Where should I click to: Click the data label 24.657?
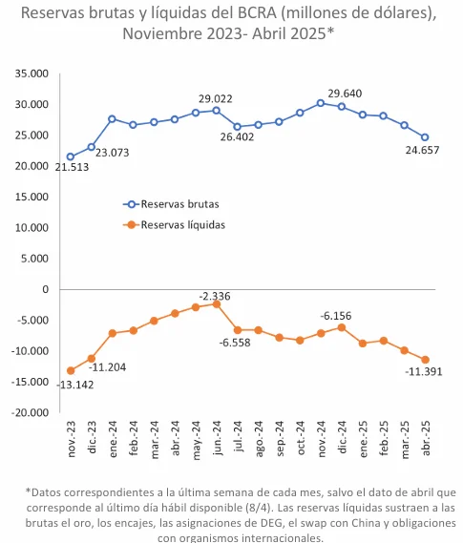[x=421, y=151]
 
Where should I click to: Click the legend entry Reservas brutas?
[x=179, y=204]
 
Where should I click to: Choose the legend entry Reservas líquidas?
[x=182, y=225]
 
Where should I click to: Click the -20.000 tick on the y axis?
[x=30, y=413]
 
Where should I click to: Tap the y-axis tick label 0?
[x=44, y=289]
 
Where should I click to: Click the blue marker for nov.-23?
[x=71, y=157]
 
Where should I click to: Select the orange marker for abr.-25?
[x=425, y=360]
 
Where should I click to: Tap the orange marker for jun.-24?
[x=217, y=303]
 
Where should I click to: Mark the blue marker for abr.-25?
[x=425, y=136]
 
